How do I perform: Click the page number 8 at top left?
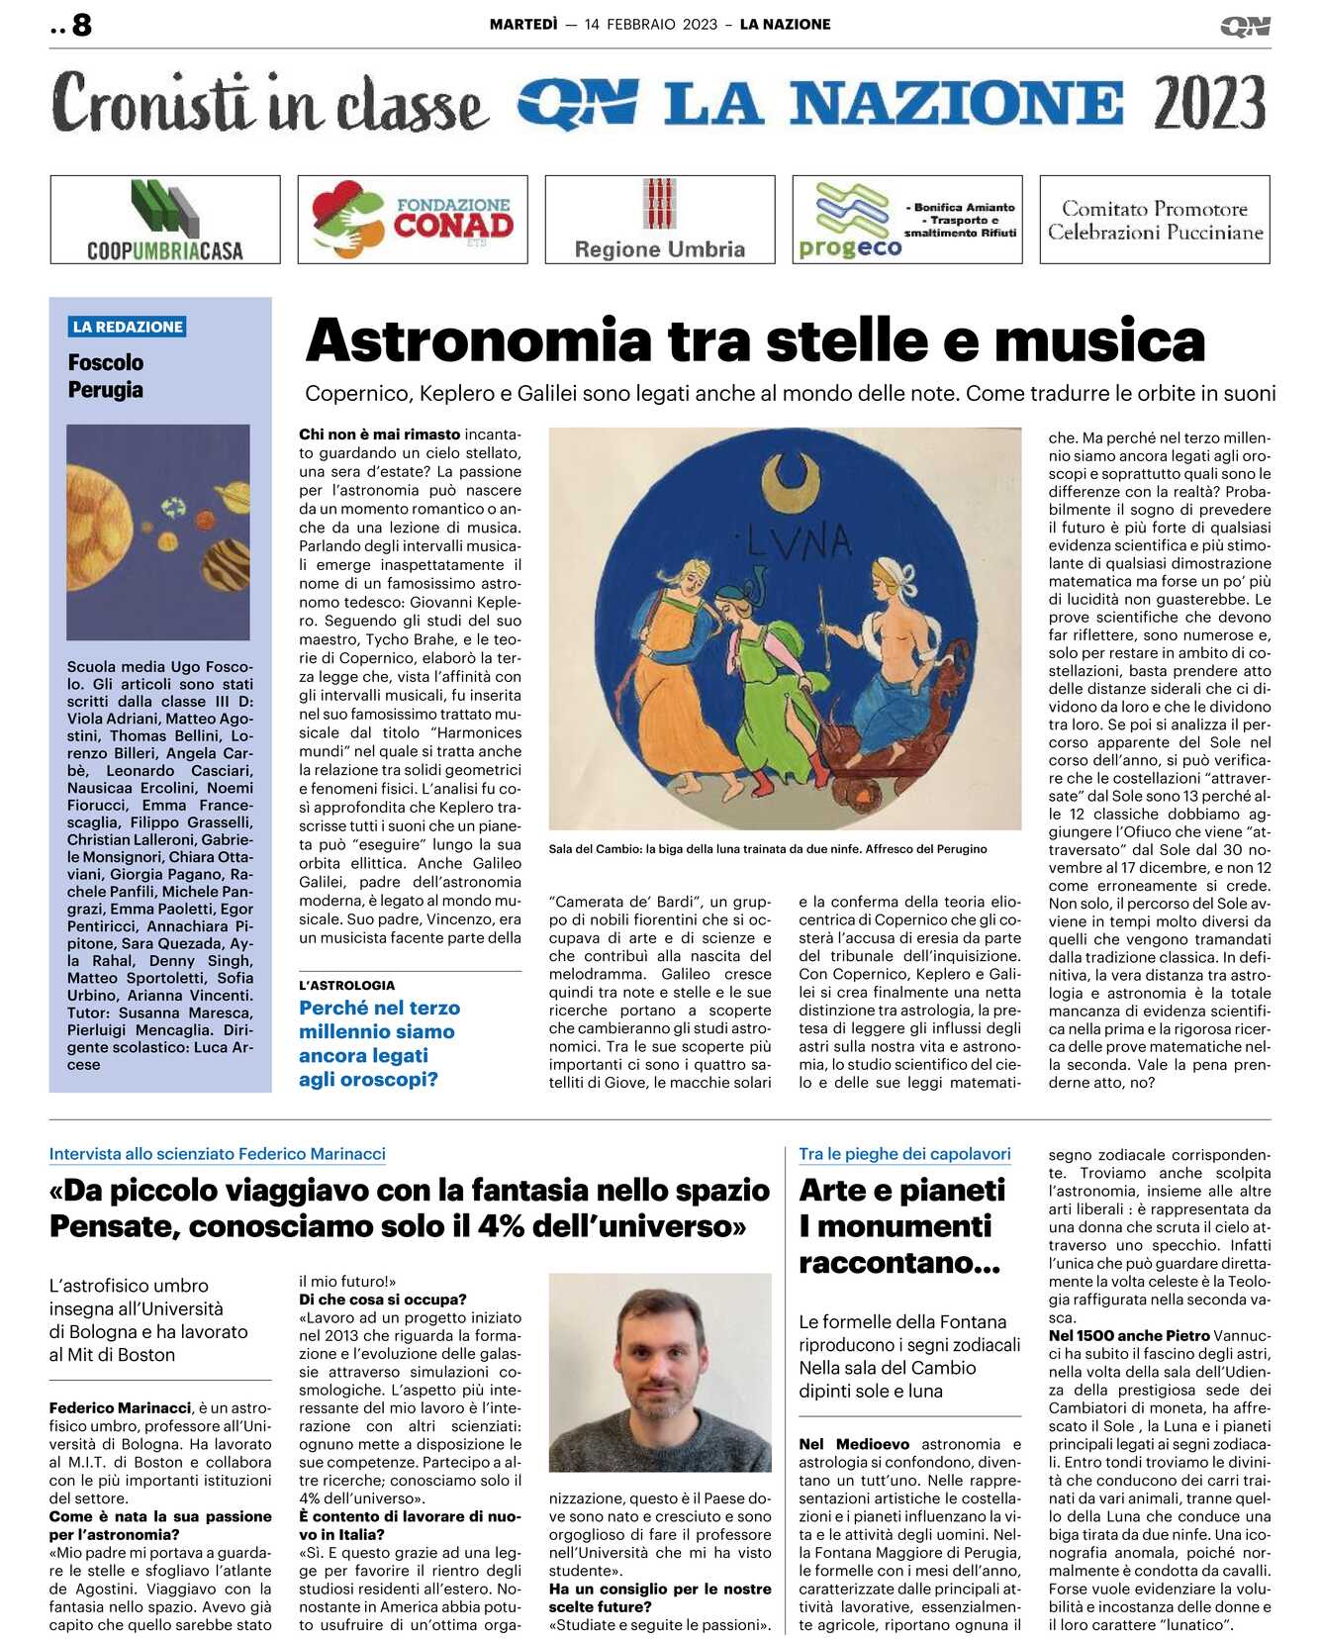click(x=81, y=24)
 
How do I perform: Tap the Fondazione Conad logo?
click(x=413, y=220)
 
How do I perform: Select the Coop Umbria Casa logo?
click(x=165, y=220)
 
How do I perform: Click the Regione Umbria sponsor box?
click(x=660, y=220)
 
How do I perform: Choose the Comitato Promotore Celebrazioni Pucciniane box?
click(x=1155, y=220)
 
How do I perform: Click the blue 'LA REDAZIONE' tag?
click(x=128, y=327)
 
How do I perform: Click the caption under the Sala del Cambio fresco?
click(x=767, y=848)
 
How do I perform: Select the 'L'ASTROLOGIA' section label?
click(x=346, y=985)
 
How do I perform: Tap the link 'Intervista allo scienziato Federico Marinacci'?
click(x=218, y=1154)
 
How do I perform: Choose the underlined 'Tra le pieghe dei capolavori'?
click(x=904, y=1154)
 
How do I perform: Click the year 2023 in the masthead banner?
click(x=1209, y=103)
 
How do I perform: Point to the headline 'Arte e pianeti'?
click(x=901, y=1190)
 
